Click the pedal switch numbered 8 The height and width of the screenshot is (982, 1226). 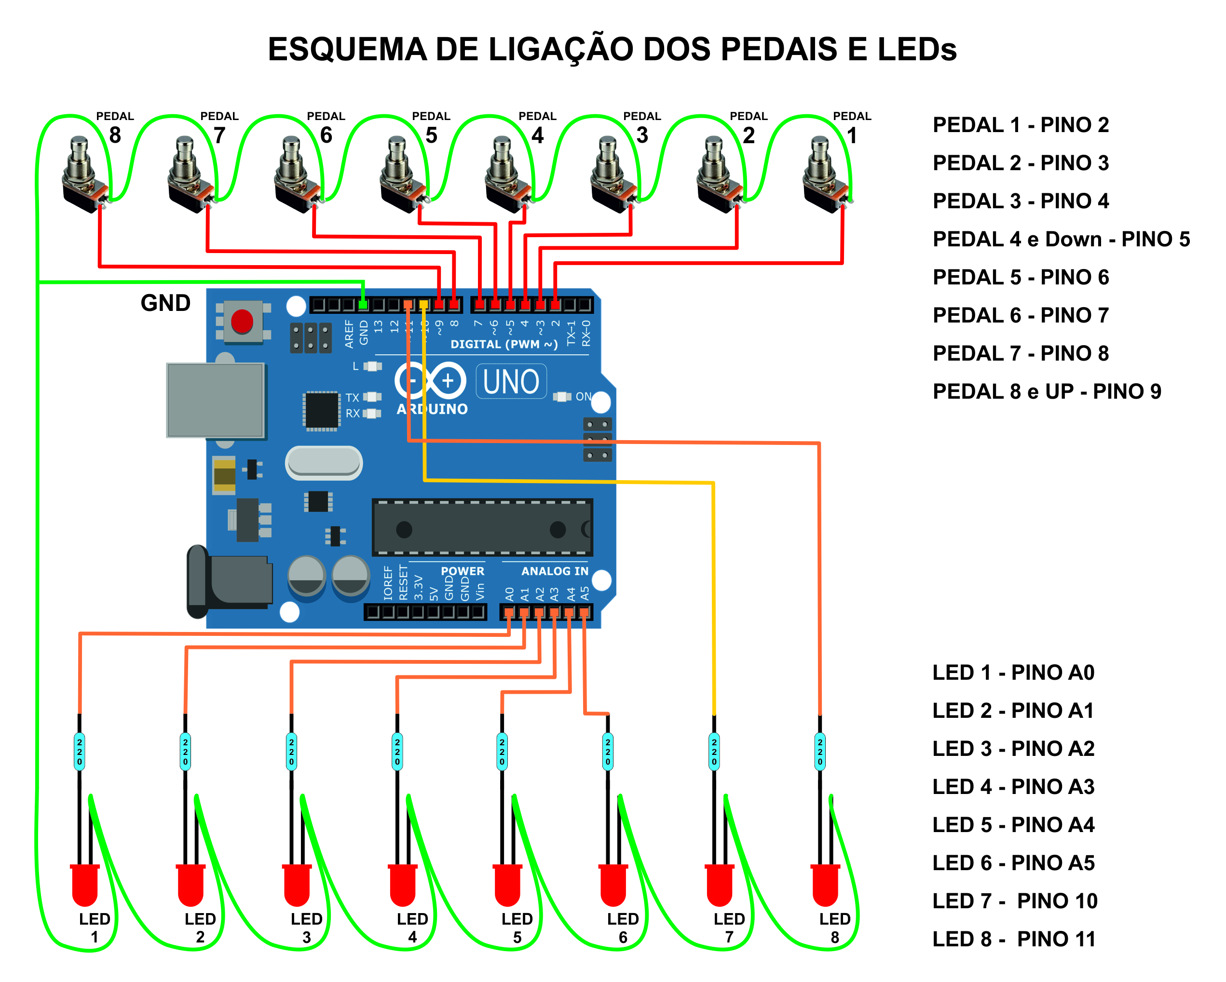[83, 174]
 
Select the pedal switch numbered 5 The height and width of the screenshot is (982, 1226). [401, 174]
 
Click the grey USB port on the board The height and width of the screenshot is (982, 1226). [216, 400]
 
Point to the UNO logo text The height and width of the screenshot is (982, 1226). [511, 381]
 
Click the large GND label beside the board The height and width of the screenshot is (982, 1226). [165, 303]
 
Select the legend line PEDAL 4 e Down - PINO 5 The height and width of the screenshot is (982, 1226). [1061, 239]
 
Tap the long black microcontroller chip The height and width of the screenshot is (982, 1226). [482, 527]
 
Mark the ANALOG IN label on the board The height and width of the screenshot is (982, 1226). [555, 571]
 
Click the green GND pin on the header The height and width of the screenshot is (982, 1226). [363, 305]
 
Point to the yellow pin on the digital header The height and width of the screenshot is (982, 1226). [423, 305]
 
